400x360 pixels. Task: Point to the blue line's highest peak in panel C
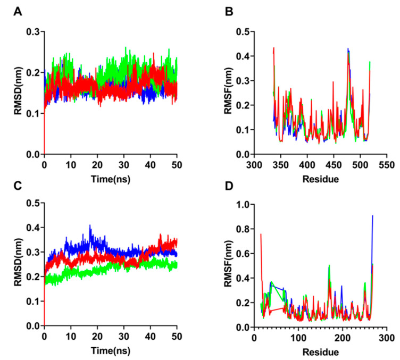pyautogui.click(x=90, y=225)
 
